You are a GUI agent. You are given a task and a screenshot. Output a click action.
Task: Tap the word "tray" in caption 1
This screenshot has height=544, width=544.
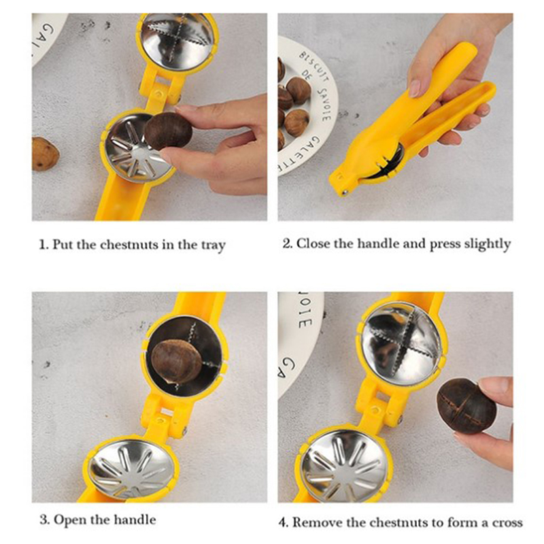pos(214,246)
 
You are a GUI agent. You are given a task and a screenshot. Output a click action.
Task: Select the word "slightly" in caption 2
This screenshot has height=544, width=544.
pos(488,244)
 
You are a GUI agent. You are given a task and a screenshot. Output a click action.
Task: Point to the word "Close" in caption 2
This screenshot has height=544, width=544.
pos(313,243)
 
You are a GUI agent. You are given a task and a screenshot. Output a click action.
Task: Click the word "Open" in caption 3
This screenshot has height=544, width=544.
pos(70,520)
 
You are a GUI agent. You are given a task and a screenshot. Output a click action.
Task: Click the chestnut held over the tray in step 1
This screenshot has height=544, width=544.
pos(168,131)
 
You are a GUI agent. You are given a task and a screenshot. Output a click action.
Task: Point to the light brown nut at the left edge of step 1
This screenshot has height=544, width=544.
pos(45,154)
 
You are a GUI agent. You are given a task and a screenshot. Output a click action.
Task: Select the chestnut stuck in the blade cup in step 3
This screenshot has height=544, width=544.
pos(176,362)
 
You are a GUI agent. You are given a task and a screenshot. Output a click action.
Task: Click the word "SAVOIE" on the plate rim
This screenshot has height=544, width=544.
pos(324,104)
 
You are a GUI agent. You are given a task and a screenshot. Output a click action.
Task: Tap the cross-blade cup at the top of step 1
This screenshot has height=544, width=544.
pos(177,41)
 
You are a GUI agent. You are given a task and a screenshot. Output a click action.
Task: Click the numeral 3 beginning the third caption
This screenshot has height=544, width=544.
pos(44,520)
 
